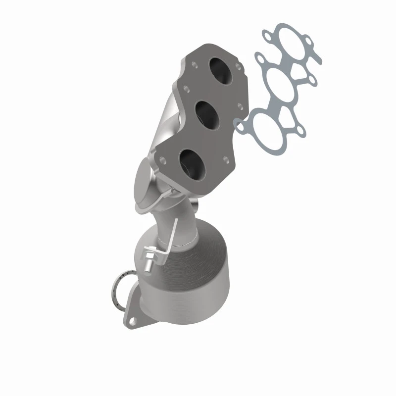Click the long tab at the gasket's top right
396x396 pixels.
(315, 54)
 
